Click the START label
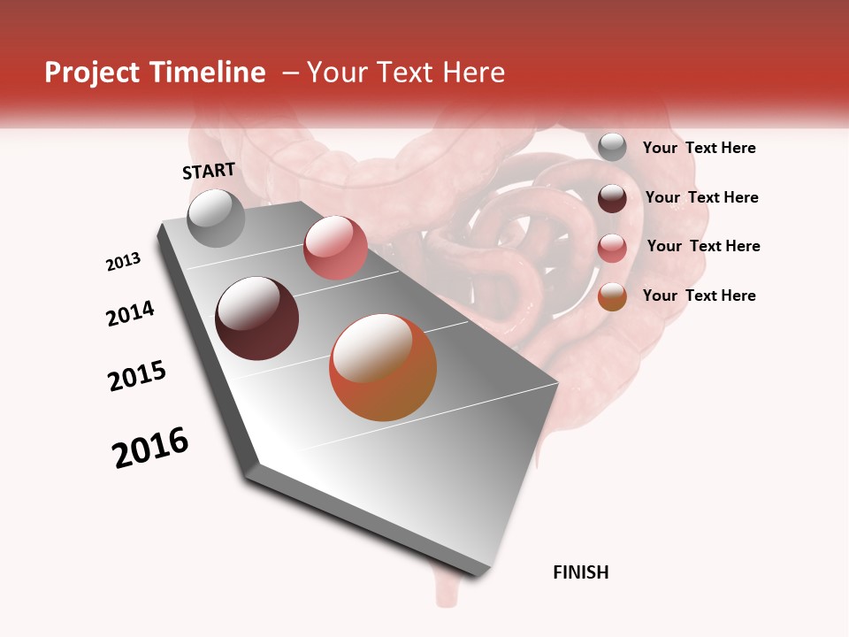click(x=209, y=171)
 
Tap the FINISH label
click(x=580, y=572)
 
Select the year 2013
click(x=123, y=261)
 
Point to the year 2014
click(x=130, y=313)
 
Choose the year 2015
click(x=137, y=376)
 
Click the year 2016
click(x=150, y=448)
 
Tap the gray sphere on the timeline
click(x=216, y=219)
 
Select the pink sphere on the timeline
click(x=335, y=248)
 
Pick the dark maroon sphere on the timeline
click(x=256, y=318)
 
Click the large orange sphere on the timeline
click(x=383, y=367)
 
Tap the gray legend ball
click(x=612, y=148)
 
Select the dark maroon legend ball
click(x=612, y=198)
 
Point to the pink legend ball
click(x=612, y=248)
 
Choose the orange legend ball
click(x=612, y=297)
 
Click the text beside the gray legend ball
click(x=699, y=148)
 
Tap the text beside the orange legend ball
click(x=699, y=295)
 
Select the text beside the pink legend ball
click(x=703, y=246)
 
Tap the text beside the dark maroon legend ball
click(x=701, y=197)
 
